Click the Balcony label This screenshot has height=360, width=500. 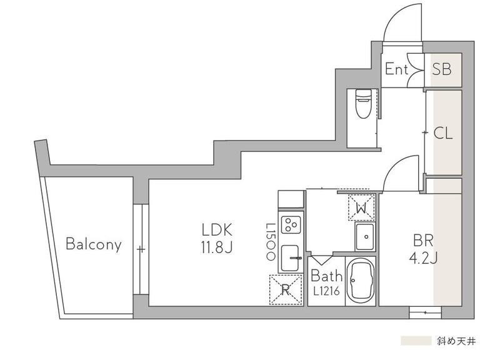93,244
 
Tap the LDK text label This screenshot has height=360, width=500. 217,230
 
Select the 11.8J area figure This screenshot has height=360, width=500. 217,247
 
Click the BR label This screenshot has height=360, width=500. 423,241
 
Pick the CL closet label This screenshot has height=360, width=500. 443,133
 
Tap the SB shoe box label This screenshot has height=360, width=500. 442,69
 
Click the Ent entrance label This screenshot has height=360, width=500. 396,69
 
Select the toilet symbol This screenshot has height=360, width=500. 363,104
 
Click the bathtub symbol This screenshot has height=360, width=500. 361,281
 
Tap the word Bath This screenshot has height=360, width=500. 326,276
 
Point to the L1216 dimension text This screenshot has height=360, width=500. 326,291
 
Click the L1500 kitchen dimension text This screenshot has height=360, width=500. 271,242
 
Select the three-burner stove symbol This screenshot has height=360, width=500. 291,224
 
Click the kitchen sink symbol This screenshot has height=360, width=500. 291,257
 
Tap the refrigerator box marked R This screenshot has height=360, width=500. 286,289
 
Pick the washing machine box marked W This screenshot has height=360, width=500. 361,207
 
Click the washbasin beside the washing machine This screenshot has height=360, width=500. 365,237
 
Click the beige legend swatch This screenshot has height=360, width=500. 416,341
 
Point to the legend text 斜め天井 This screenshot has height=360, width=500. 456,341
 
